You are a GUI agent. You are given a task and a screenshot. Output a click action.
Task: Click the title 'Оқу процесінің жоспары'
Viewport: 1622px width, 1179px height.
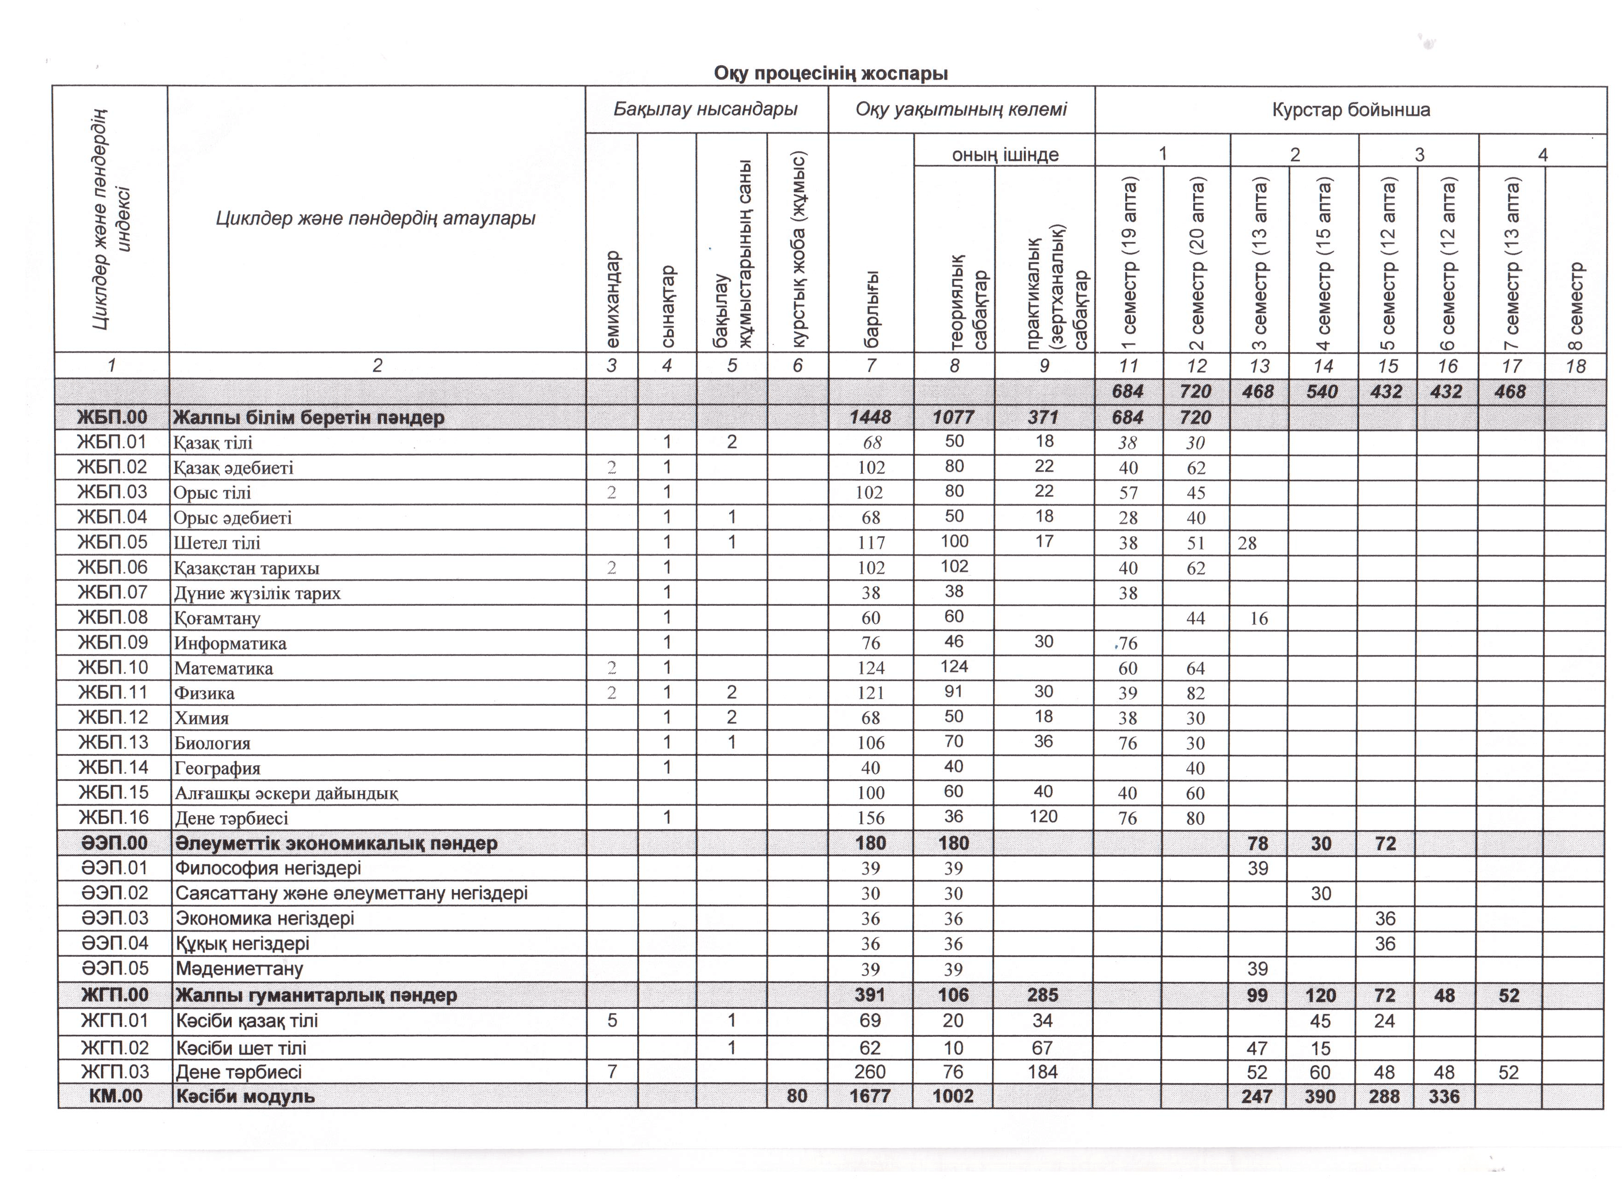830,73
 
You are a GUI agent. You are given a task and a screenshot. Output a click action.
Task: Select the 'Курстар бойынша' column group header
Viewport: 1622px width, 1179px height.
1350,110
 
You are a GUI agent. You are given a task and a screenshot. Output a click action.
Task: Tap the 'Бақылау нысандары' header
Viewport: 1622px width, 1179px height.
705,109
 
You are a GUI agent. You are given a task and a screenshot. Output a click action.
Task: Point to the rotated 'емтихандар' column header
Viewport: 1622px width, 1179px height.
613,299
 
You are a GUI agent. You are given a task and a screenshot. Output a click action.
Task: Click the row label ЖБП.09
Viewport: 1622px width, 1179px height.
113,642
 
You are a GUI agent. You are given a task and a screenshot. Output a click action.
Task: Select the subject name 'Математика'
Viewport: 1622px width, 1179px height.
223,669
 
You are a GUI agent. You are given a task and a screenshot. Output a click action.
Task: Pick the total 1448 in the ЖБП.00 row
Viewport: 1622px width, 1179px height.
870,418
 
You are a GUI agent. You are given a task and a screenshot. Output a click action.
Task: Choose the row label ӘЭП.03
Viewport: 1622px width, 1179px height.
115,918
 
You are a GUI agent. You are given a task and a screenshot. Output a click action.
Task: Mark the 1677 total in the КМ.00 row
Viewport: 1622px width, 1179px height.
870,1096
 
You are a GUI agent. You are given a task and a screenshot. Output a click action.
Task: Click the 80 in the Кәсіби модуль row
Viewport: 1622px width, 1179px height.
797,1096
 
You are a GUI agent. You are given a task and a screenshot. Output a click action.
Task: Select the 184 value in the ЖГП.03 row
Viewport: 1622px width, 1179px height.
1042,1072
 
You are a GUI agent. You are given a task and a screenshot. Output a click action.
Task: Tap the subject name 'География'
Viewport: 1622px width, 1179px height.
217,769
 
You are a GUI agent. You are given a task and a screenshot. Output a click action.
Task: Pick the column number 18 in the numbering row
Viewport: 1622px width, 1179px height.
1575,366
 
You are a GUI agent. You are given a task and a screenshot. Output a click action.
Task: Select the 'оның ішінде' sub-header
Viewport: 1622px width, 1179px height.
1004,154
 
